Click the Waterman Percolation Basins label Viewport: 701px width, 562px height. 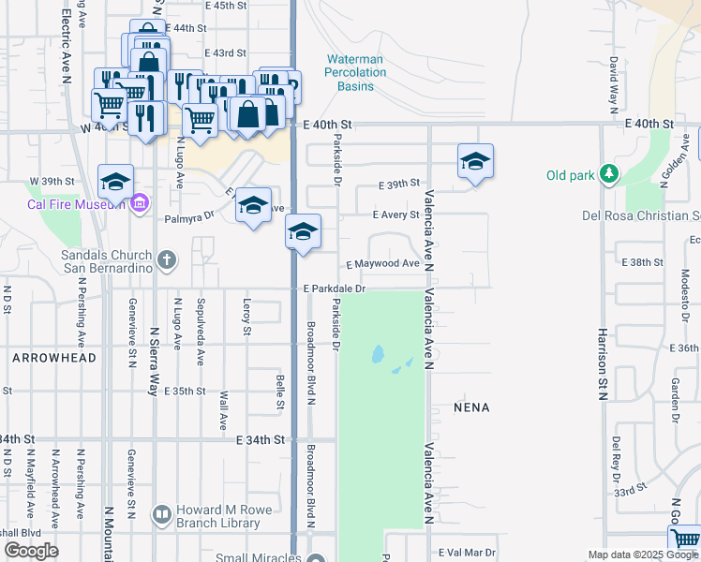pos(355,72)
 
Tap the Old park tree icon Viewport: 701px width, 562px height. pos(609,174)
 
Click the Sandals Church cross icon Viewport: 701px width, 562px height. pos(167,259)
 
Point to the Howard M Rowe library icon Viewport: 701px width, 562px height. pos(161,514)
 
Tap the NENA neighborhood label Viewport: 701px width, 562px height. pos(471,407)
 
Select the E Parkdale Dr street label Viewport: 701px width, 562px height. pos(334,289)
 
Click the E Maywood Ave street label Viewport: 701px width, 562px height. pos(382,264)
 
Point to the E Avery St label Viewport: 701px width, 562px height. pos(395,214)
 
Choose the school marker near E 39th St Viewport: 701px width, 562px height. pos(475,162)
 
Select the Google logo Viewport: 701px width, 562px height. pos(31,551)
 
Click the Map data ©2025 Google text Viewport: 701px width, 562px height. pos(642,555)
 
